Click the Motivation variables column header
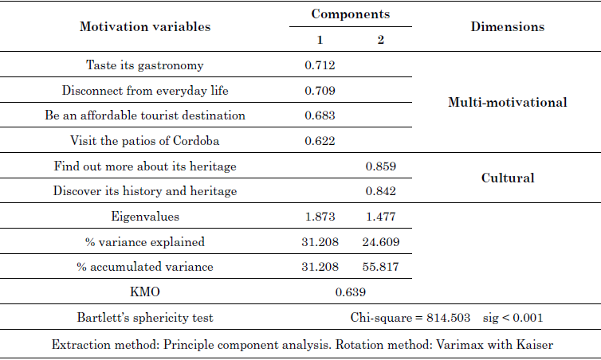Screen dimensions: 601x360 [145, 26]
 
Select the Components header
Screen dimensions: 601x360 [350, 14]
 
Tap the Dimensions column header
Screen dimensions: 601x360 [507, 26]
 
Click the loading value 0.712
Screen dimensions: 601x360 [320, 65]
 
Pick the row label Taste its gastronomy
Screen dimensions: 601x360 [145, 65]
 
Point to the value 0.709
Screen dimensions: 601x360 [320, 90]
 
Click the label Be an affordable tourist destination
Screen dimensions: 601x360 [145, 115]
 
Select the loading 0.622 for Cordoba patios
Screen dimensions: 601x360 [320, 141]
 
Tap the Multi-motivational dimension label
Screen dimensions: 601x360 [507, 103]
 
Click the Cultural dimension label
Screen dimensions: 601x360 [507, 178]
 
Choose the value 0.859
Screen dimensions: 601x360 [380, 166]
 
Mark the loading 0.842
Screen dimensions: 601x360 [380, 191]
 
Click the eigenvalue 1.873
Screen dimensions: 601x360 [320, 216]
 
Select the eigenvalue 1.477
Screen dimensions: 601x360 [380, 216]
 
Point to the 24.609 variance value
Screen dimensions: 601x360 [380, 241]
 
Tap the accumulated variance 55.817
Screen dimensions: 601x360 [380, 267]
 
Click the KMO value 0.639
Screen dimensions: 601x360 [350, 292]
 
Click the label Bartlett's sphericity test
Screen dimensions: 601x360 [145, 318]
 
